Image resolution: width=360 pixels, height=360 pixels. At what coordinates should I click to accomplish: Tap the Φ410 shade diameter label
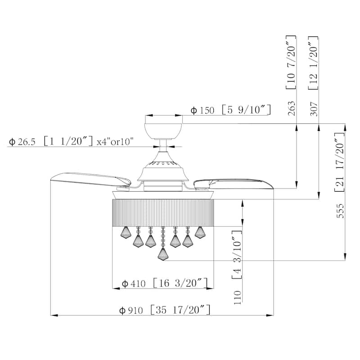point(133,283)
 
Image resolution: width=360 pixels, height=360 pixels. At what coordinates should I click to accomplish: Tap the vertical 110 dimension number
point(238,297)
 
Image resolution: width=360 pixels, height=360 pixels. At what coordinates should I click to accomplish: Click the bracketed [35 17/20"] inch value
point(181,310)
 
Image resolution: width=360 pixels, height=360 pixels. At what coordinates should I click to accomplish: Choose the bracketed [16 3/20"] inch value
point(180,283)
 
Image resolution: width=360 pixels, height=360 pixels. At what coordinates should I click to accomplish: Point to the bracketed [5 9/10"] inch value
point(246,110)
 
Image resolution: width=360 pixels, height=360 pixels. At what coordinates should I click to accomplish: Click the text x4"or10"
point(116,142)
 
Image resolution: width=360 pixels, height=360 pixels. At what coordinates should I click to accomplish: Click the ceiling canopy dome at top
point(163,129)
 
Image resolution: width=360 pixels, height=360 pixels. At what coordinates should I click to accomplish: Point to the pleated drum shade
point(162,211)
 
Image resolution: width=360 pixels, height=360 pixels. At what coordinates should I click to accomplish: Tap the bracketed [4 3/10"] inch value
point(238,254)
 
